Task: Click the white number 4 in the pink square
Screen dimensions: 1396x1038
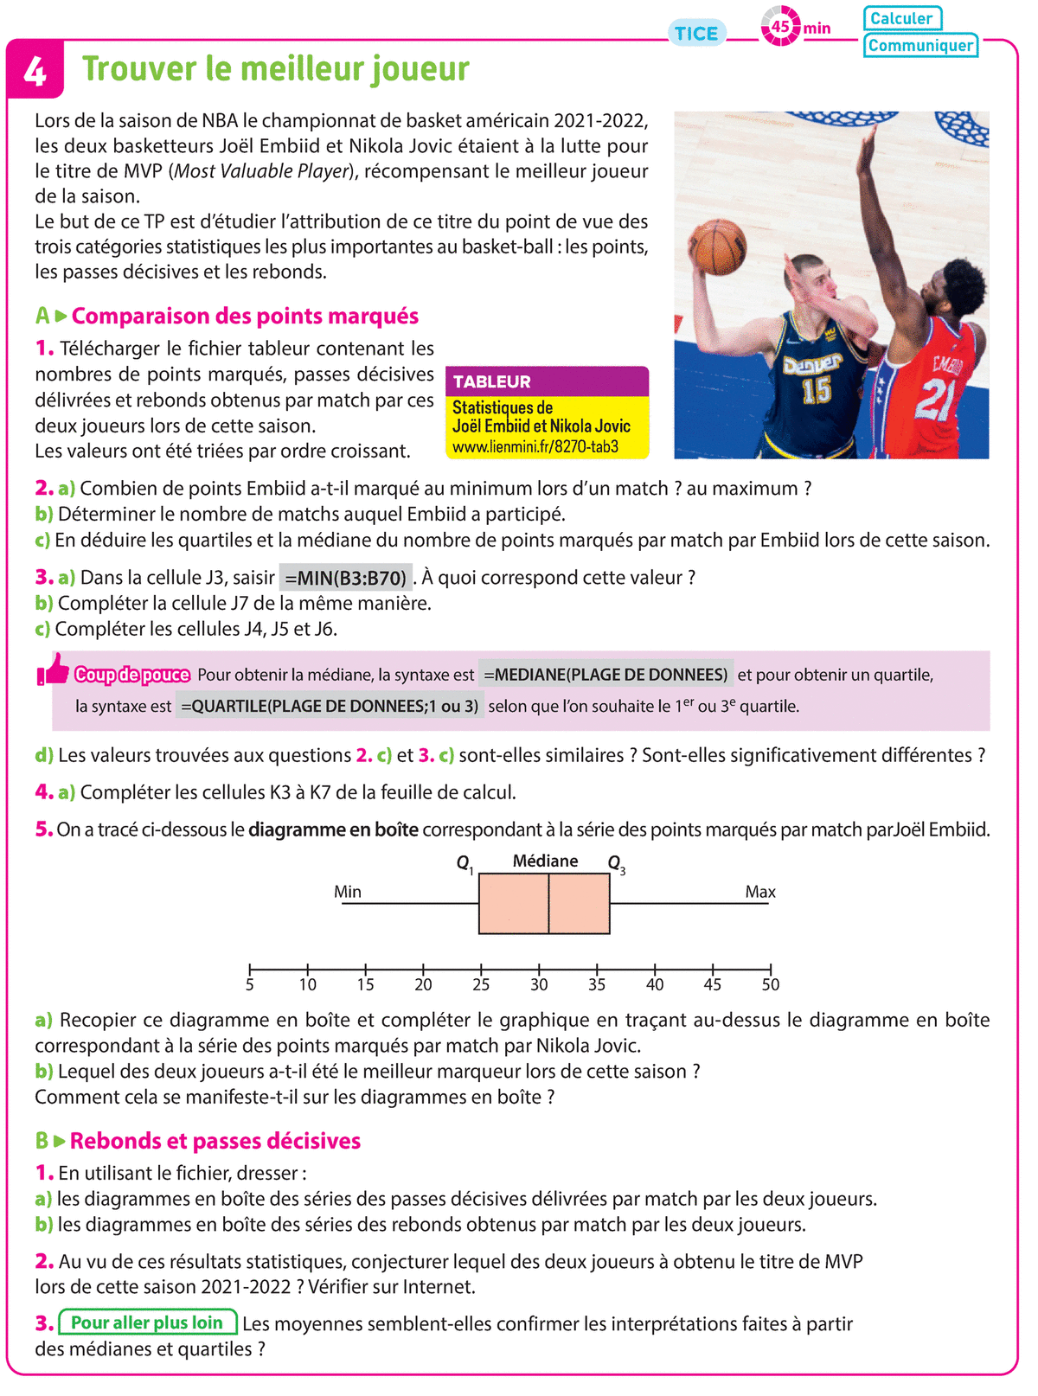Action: (35, 71)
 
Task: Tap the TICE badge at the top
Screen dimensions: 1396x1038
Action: (696, 34)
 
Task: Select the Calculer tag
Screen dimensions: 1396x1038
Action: (901, 18)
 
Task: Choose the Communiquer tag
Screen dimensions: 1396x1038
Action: (920, 45)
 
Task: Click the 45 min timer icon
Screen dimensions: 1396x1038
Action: (780, 27)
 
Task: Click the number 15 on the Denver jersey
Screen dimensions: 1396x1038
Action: (817, 390)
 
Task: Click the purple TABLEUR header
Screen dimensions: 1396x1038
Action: (547, 381)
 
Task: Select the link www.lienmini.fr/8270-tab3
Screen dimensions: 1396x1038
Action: (535, 447)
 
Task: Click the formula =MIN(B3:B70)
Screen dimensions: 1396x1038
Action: (345, 578)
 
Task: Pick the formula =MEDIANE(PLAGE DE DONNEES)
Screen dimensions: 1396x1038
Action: (605, 675)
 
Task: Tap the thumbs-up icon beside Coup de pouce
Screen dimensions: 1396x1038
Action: (54, 669)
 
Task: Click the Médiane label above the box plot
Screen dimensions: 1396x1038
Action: (545, 861)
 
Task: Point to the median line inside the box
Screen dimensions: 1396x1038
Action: (548, 904)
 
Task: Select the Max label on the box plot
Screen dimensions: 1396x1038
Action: (760, 892)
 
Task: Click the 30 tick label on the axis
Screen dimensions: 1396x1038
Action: (539, 984)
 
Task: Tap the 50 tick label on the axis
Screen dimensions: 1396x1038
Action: (770, 984)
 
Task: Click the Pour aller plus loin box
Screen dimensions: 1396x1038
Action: (147, 1322)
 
